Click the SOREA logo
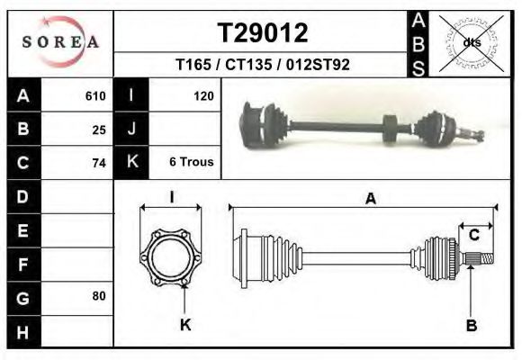(60, 42)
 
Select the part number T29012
(263, 33)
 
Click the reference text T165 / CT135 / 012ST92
(263, 65)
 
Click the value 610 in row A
(95, 95)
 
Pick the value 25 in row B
(99, 129)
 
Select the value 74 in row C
(99, 163)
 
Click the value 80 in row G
(99, 296)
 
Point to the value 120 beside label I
(203, 95)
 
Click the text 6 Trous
(191, 163)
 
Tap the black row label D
(23, 196)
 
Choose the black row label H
(23, 330)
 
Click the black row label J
(131, 129)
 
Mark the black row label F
(23, 264)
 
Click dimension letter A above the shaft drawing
(370, 200)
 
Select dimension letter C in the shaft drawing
(473, 235)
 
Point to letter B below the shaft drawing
(471, 325)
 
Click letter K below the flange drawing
(185, 325)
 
